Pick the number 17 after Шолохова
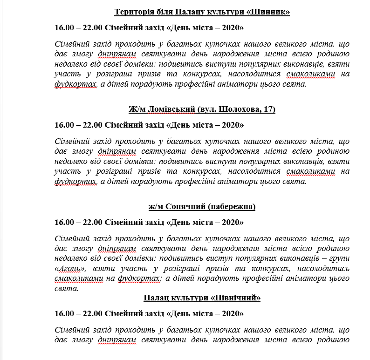click(267, 109)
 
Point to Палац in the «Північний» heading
click(156, 298)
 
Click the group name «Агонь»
click(72, 269)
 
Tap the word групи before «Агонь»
click(338, 259)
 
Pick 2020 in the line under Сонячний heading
click(230, 223)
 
